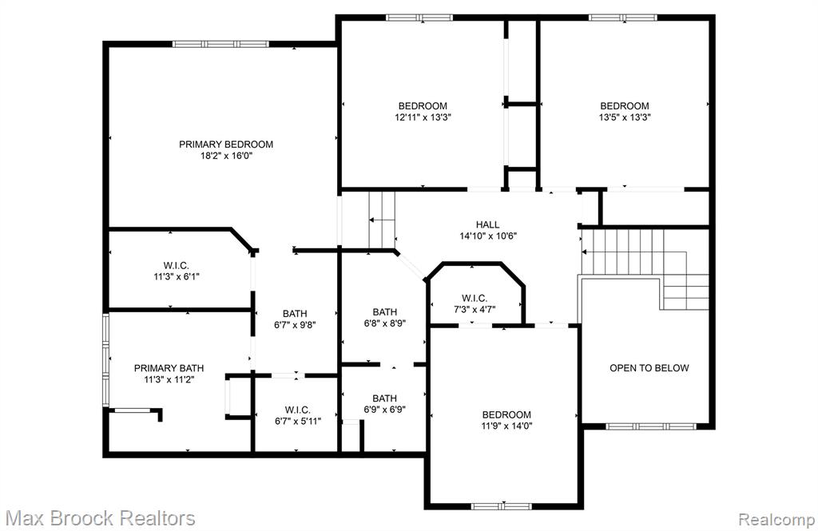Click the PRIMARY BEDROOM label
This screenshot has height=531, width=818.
click(226, 144)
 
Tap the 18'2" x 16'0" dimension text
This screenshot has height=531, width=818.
click(226, 156)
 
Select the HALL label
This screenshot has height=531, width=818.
click(488, 224)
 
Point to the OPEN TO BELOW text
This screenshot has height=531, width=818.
click(649, 368)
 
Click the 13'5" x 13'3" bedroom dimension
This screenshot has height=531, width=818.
click(625, 117)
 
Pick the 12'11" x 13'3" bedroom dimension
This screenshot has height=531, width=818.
click(423, 117)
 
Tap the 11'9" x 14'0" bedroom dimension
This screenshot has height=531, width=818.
click(506, 426)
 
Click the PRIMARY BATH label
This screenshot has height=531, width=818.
click(169, 368)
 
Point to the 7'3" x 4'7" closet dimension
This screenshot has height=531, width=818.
click(475, 309)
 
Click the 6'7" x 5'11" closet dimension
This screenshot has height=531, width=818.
click(298, 421)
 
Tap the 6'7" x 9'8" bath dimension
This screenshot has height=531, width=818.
click(296, 325)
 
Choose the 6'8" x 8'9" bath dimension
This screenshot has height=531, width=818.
click(385, 323)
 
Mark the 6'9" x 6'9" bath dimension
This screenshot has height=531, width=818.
click(385, 410)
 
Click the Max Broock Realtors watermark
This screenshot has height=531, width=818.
click(100, 518)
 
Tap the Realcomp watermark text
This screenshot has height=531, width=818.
click(776, 520)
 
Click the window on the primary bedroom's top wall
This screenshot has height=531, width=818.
click(220, 45)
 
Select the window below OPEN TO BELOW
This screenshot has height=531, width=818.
click(650, 426)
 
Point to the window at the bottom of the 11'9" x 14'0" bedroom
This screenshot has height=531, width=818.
click(502, 506)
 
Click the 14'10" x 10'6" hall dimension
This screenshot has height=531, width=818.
click(488, 236)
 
